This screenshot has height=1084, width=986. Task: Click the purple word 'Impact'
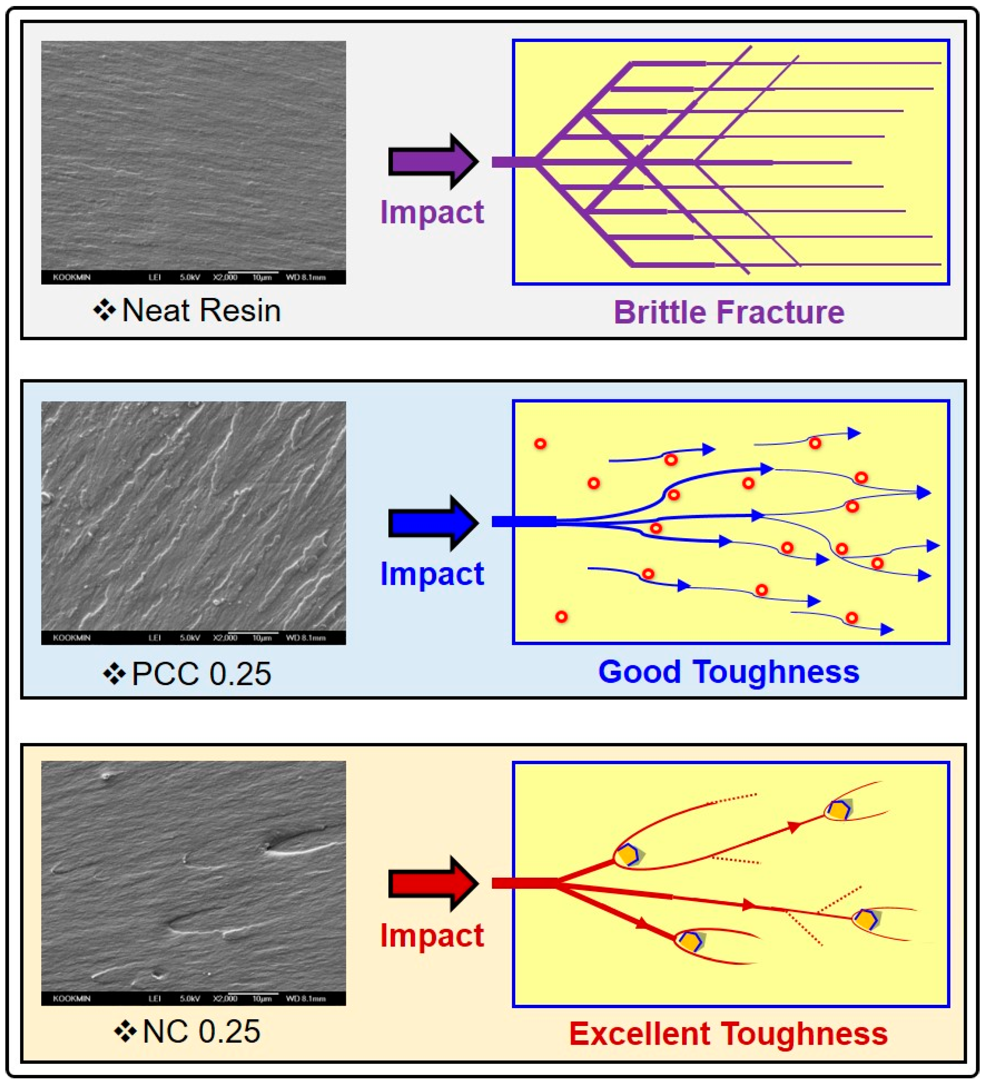(x=432, y=212)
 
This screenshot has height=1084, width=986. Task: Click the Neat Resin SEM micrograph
(x=194, y=156)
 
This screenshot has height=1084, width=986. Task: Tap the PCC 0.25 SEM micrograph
(x=194, y=516)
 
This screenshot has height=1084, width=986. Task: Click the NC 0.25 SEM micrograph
(x=194, y=877)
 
